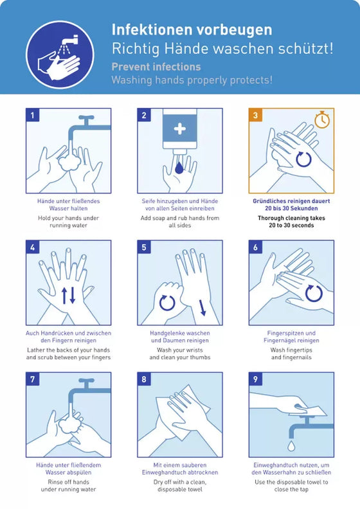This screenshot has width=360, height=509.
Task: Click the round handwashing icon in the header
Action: (x=60, y=55)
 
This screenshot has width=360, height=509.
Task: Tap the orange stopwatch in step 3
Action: (x=322, y=120)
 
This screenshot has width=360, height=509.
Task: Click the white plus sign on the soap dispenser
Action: (x=179, y=129)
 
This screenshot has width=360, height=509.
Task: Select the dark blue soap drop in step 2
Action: (x=179, y=168)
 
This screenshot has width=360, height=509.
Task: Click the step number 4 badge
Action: (x=32, y=247)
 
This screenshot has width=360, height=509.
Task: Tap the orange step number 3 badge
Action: (x=255, y=115)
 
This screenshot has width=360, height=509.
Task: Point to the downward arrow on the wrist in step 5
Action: (x=203, y=308)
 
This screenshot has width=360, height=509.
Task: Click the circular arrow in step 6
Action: (x=314, y=293)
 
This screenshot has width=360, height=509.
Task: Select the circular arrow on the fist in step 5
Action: (x=167, y=303)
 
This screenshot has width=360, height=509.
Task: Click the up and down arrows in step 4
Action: (x=69, y=296)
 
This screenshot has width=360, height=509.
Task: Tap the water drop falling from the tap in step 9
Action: (x=291, y=446)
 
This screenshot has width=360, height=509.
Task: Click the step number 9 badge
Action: (x=255, y=379)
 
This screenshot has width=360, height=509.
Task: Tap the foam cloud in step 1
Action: (x=69, y=162)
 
